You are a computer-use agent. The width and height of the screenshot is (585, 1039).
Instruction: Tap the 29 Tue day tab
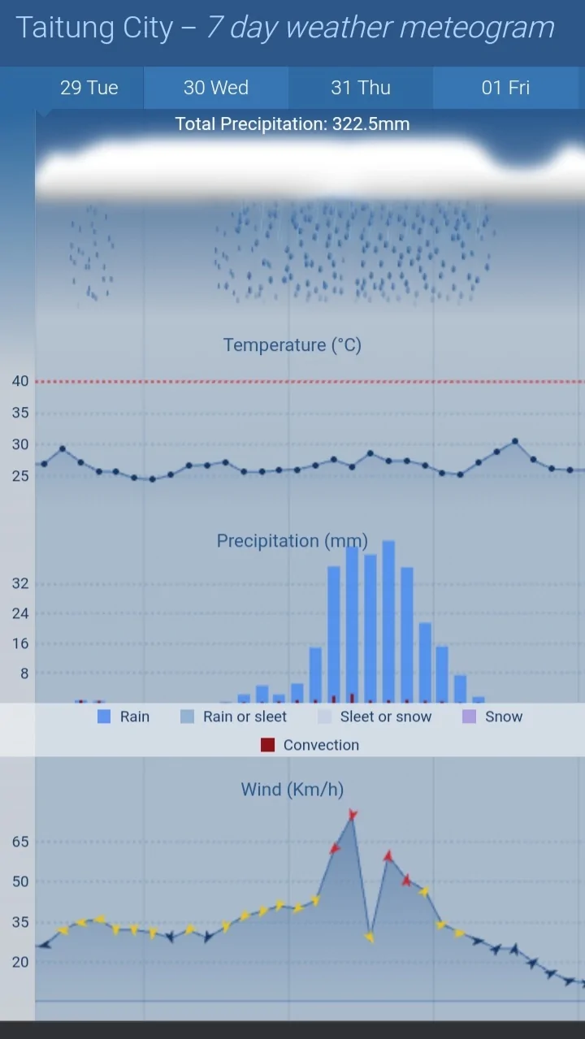[89, 88]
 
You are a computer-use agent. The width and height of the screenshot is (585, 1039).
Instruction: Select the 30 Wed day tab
[216, 88]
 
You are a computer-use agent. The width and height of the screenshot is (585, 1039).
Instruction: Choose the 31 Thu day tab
[361, 88]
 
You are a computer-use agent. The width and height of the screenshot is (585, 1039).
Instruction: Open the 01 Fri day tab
[505, 88]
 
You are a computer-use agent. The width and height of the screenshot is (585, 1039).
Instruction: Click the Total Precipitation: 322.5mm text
[292, 124]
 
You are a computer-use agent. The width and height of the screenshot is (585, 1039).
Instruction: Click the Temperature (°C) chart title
[292, 345]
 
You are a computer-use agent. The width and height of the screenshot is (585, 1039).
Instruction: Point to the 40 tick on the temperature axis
[20, 381]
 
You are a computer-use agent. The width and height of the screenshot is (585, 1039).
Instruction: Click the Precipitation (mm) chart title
[292, 541]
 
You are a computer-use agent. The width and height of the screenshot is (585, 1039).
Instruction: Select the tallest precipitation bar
[388, 621]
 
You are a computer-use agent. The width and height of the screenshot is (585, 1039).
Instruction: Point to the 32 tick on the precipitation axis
[20, 583]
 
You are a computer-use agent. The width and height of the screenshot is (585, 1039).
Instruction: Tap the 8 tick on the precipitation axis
[24, 673]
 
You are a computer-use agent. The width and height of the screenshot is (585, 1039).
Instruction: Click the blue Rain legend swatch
[104, 716]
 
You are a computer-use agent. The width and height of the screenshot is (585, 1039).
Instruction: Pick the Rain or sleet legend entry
[245, 716]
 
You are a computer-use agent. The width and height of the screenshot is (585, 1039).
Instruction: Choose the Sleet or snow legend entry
[385, 716]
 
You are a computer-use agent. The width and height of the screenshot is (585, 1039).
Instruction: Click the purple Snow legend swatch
[469, 716]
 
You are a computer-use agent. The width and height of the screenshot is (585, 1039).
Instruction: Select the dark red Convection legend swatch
[267, 745]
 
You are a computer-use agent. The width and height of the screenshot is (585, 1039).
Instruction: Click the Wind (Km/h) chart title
[292, 790]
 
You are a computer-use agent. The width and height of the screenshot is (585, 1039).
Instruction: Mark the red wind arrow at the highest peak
[353, 815]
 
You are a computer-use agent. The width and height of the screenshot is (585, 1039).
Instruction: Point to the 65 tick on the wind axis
[20, 842]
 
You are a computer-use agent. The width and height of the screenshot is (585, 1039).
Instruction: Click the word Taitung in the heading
[54, 28]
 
